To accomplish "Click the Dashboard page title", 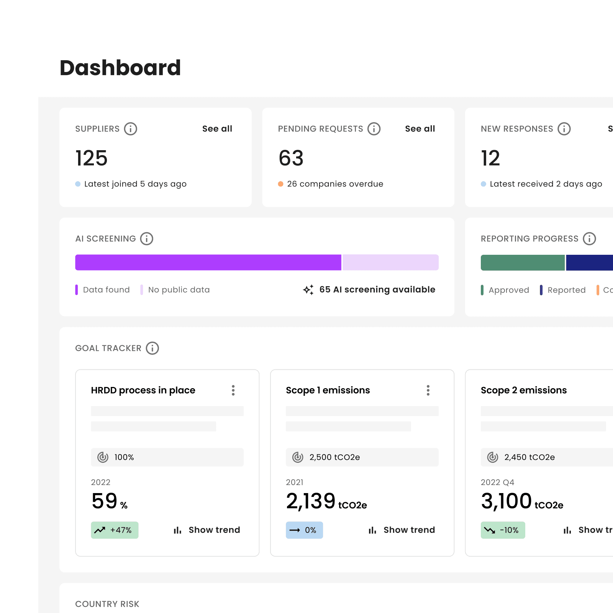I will click(120, 68).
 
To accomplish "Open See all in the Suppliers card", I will click(217, 129).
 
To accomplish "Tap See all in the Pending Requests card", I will click(420, 129).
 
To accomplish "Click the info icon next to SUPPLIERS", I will click(130, 129).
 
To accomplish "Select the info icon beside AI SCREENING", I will click(146, 239).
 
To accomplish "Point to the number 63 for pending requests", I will click(291, 158).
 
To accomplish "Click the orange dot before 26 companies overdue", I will click(280, 184).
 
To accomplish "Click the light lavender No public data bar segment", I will click(390, 262).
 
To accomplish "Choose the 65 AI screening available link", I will click(377, 290).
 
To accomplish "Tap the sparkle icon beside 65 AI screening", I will click(308, 290).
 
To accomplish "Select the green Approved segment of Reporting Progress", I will click(522, 262).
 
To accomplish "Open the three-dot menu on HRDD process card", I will click(233, 390).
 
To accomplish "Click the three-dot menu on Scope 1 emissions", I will click(428, 390).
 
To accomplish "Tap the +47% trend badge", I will click(115, 530).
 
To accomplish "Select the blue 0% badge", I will click(304, 530).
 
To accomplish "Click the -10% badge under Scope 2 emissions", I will click(503, 530).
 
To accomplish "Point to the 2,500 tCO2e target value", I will click(334, 457).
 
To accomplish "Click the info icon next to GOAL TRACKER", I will click(152, 348).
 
